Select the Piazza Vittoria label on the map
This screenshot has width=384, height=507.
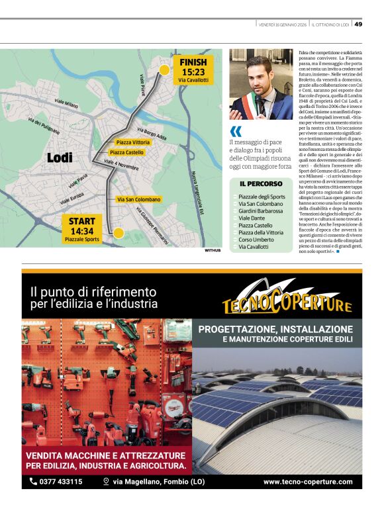tap(132, 142)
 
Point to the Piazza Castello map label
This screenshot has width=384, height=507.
tap(126, 153)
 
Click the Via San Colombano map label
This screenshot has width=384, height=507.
tap(138, 199)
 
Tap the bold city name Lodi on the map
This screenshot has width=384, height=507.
tap(60, 158)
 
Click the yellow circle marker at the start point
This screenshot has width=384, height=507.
tap(119, 232)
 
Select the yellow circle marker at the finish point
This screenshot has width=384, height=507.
tap(164, 70)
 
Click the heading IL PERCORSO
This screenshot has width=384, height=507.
tap(260, 183)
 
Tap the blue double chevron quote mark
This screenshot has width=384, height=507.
tap(235, 131)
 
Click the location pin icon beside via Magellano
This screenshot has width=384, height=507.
tap(105, 481)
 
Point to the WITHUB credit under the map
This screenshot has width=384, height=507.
tap(213, 251)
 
